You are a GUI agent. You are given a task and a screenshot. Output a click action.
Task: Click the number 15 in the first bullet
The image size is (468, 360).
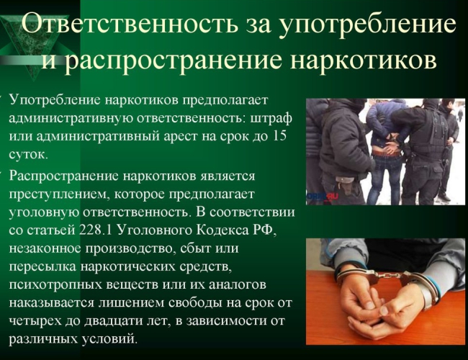(279, 136)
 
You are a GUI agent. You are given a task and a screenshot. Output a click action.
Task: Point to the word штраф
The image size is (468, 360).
(271, 118)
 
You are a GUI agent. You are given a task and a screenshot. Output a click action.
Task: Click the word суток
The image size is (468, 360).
(28, 155)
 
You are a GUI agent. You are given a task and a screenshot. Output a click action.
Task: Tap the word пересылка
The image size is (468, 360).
(42, 267)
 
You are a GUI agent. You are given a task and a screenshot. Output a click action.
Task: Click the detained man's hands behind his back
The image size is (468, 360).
(391, 144)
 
